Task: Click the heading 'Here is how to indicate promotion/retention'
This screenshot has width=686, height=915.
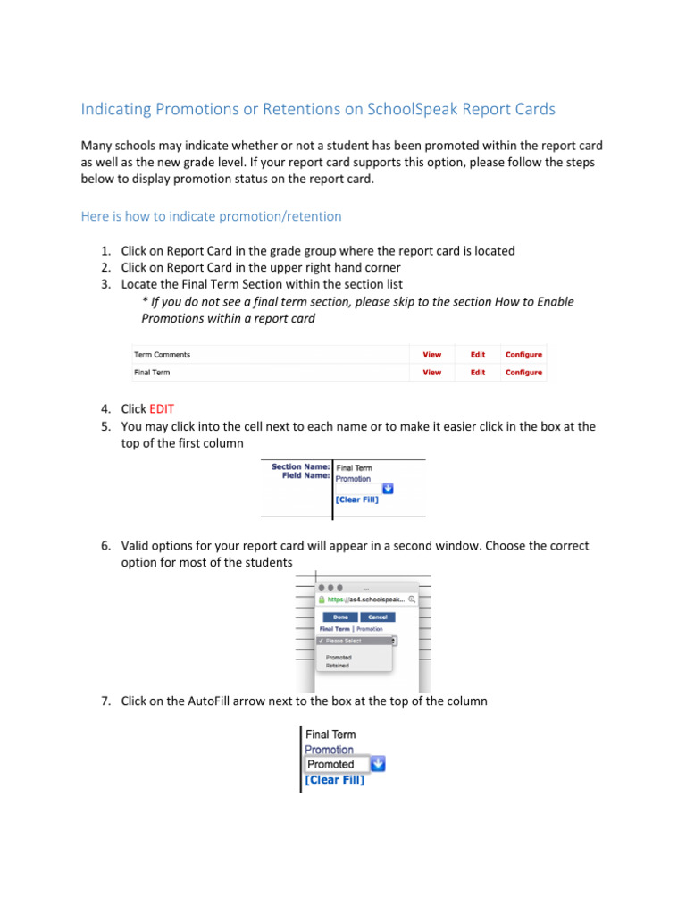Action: (211, 216)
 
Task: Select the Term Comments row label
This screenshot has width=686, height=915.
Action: (162, 355)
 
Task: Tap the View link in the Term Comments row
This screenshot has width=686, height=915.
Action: (431, 355)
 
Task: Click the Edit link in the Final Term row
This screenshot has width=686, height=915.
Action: (478, 372)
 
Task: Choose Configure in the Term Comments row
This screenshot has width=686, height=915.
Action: (523, 355)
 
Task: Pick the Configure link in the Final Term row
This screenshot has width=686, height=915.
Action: (523, 372)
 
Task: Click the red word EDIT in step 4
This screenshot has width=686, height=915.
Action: (162, 408)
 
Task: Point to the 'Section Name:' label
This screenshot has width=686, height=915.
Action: (301, 466)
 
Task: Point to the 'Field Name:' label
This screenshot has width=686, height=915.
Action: (305, 476)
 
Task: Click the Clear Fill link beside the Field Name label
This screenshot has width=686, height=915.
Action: (356, 499)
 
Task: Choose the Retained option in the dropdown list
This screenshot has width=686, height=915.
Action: (338, 666)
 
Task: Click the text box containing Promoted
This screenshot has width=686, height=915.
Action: (336, 764)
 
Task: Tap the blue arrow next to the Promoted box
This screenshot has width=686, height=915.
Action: (378, 764)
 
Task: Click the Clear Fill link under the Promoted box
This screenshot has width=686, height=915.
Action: (334, 780)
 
